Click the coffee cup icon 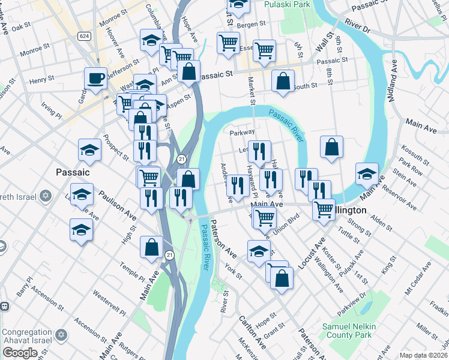[x=95, y=77]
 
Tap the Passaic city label [x=73, y=172]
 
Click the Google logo [x=20, y=353]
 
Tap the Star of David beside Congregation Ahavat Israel [x=60, y=334]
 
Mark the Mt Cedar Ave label [x=417, y=279]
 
